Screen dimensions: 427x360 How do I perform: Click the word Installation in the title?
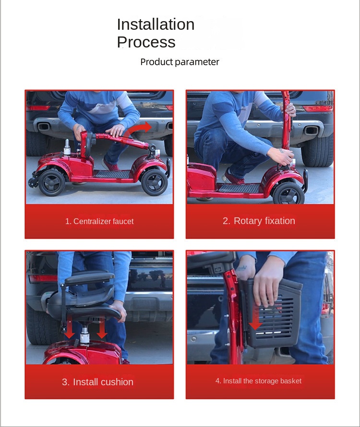point(156,24)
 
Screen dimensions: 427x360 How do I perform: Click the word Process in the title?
point(146,42)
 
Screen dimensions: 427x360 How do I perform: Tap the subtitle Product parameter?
point(180,62)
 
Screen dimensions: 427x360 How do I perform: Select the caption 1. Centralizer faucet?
point(99,221)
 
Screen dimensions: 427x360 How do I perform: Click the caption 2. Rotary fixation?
point(259,221)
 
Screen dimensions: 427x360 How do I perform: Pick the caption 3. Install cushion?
point(98,382)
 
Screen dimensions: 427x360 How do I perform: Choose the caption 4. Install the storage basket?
point(258,381)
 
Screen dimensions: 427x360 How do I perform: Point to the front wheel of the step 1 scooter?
point(154,181)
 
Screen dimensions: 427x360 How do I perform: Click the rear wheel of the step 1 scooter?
point(51,181)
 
